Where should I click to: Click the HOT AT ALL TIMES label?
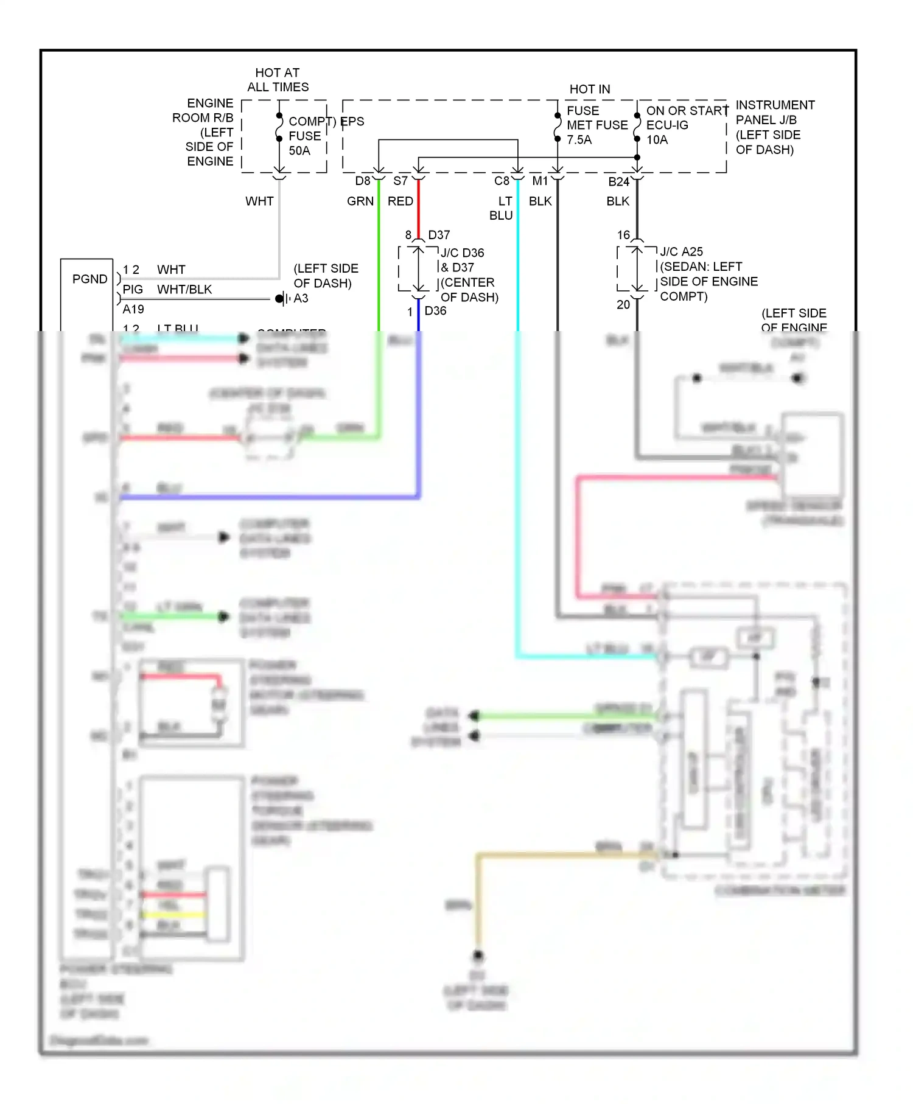[x=278, y=80]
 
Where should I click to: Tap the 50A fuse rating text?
[x=299, y=150]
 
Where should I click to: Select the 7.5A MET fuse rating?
[x=579, y=139]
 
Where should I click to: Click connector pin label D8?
[x=362, y=181]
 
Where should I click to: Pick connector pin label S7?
[x=400, y=181]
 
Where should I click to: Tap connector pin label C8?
[x=502, y=181]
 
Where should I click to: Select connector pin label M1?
[x=540, y=181]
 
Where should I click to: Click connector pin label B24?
[x=618, y=181]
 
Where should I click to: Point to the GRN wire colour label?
[x=360, y=201]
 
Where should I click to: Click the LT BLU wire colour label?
[x=502, y=208]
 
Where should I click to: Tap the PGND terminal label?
[x=89, y=279]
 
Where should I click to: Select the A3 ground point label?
[x=301, y=298]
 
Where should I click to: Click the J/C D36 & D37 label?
[x=463, y=260]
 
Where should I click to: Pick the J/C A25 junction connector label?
[x=681, y=252]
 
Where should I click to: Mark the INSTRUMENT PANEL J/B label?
[x=774, y=113]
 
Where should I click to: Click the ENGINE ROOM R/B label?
[x=203, y=110]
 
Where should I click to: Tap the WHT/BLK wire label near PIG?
[x=184, y=289]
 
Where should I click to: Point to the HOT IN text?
[x=589, y=89]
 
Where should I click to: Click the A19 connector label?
[x=133, y=309]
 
